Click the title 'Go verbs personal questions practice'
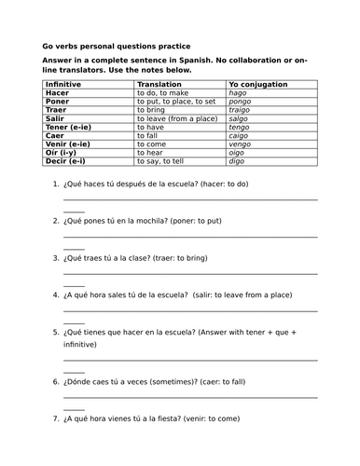[x=117, y=46]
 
